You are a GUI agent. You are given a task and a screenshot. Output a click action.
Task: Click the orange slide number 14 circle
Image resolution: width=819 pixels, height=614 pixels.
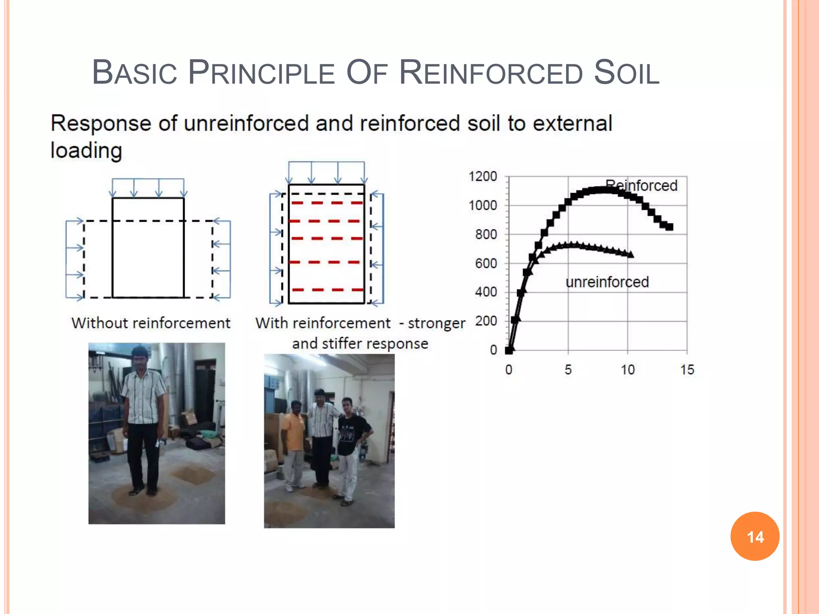coord(755,536)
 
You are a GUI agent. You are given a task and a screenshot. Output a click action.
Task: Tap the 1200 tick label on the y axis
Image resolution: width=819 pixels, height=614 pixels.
coord(483,176)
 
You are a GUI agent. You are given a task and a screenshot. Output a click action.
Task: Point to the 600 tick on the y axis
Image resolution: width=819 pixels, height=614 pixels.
coord(486,263)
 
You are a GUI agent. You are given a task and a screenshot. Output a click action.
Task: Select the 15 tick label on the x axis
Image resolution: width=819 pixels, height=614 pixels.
coord(687,370)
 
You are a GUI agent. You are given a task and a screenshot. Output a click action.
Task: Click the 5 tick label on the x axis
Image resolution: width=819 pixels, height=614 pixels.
coord(568,370)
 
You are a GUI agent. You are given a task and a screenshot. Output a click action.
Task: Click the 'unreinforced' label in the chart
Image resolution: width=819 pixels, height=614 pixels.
coord(607,282)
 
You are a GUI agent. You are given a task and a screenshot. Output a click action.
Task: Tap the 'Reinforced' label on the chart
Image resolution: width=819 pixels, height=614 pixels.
coord(641,185)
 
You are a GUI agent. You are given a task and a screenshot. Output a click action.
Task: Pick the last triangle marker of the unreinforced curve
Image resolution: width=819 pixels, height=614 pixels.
coord(630,254)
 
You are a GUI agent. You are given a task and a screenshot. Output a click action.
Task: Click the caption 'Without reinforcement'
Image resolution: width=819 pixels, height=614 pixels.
coord(151,323)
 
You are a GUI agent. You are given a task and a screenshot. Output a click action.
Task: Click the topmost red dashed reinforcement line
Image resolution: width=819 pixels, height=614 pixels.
coord(327,203)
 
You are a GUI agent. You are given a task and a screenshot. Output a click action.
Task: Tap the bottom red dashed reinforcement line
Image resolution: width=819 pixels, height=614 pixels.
coord(327,290)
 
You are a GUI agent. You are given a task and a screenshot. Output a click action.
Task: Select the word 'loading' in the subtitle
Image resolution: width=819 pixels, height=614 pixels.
coord(86,151)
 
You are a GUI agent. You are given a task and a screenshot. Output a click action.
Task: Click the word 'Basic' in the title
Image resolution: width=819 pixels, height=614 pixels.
coord(134,73)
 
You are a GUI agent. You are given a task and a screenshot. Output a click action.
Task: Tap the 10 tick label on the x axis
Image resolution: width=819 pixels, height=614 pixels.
coord(627,370)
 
